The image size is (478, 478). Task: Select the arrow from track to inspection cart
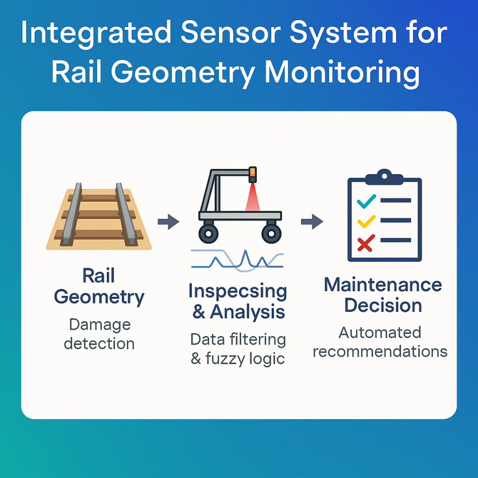[168, 221]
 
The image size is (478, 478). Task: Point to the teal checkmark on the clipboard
[366, 201]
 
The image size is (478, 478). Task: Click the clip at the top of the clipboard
[384, 175]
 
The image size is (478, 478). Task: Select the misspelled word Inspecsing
[237, 291]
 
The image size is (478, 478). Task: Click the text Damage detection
[99, 334]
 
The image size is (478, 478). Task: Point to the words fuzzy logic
[245, 358]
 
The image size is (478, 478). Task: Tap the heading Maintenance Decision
[383, 294]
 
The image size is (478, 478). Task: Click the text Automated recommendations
[380, 342]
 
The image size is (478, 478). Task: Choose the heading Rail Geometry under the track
[98, 286]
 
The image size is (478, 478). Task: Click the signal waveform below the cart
[237, 260]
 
